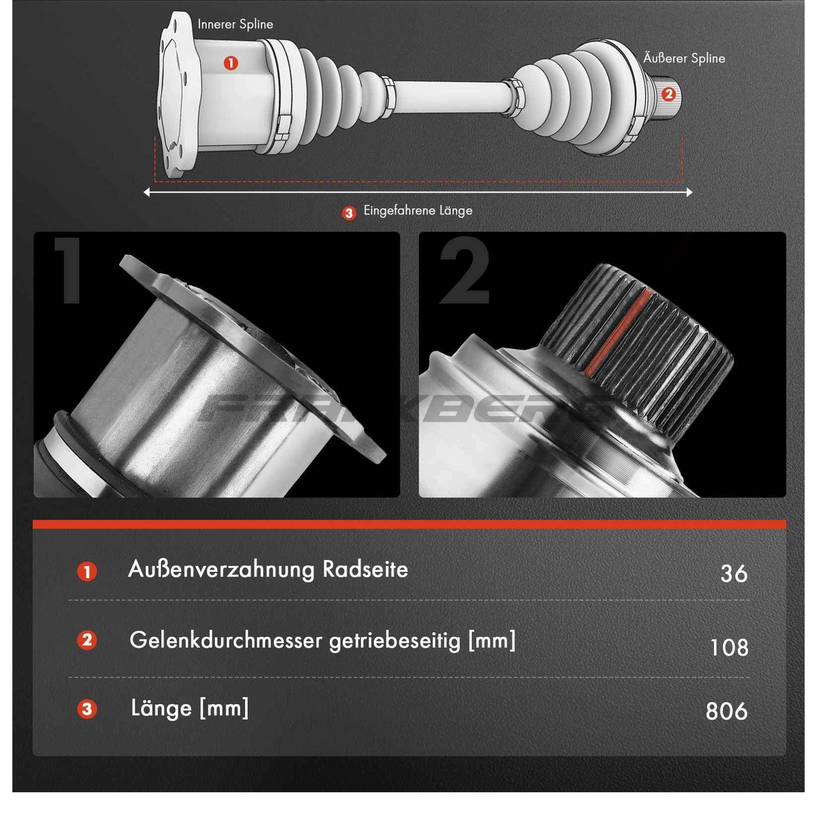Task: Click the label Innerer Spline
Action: [235, 24]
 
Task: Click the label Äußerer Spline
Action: [684, 58]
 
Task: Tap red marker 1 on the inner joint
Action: [231, 63]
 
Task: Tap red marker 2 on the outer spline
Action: [668, 94]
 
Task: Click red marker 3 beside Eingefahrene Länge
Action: [349, 213]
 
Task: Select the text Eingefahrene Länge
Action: [418, 210]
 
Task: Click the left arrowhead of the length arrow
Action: [147, 193]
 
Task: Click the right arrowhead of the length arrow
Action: [689, 193]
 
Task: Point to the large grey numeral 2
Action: [464, 271]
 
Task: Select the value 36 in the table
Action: [734, 573]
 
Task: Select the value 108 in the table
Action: [729, 647]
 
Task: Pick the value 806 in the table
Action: [726, 711]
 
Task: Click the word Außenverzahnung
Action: [222, 569]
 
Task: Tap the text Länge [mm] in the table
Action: [189, 708]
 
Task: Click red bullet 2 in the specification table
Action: [87, 640]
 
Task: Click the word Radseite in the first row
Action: [365, 569]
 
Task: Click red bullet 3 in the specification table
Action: [87, 709]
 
